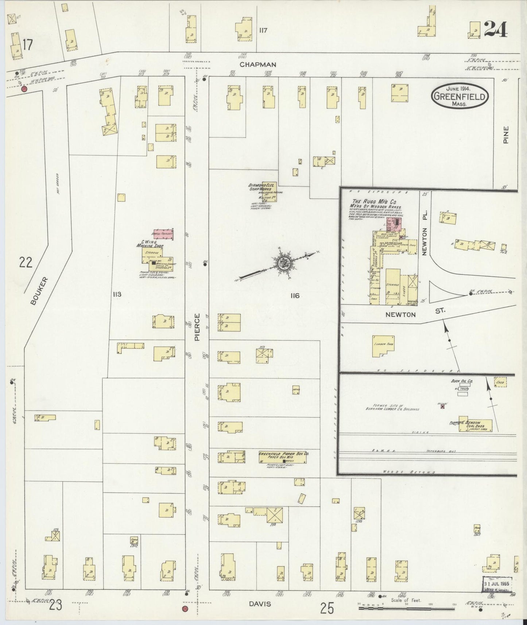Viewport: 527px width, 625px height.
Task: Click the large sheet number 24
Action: (x=496, y=29)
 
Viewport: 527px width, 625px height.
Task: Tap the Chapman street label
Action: (x=258, y=65)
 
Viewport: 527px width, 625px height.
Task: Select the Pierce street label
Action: (x=197, y=327)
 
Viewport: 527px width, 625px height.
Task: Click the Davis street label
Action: (x=260, y=604)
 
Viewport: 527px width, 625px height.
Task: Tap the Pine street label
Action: (x=505, y=135)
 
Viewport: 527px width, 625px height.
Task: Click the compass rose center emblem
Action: (x=282, y=264)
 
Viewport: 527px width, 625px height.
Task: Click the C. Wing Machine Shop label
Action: (x=150, y=244)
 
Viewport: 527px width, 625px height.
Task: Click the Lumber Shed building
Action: (x=383, y=346)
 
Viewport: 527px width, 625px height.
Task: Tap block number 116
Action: (x=294, y=296)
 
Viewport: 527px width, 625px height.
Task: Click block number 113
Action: (x=117, y=294)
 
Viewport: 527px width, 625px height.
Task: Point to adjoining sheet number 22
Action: (x=27, y=263)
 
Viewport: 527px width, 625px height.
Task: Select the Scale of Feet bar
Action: (x=407, y=608)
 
